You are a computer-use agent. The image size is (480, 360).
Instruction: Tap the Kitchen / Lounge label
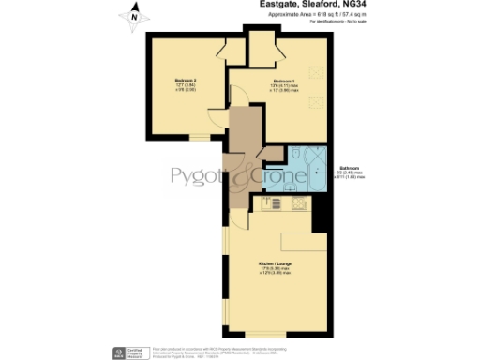pyautogui.click(x=272, y=267)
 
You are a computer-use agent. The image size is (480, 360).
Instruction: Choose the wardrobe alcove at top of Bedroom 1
pyautogui.click(x=260, y=42)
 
